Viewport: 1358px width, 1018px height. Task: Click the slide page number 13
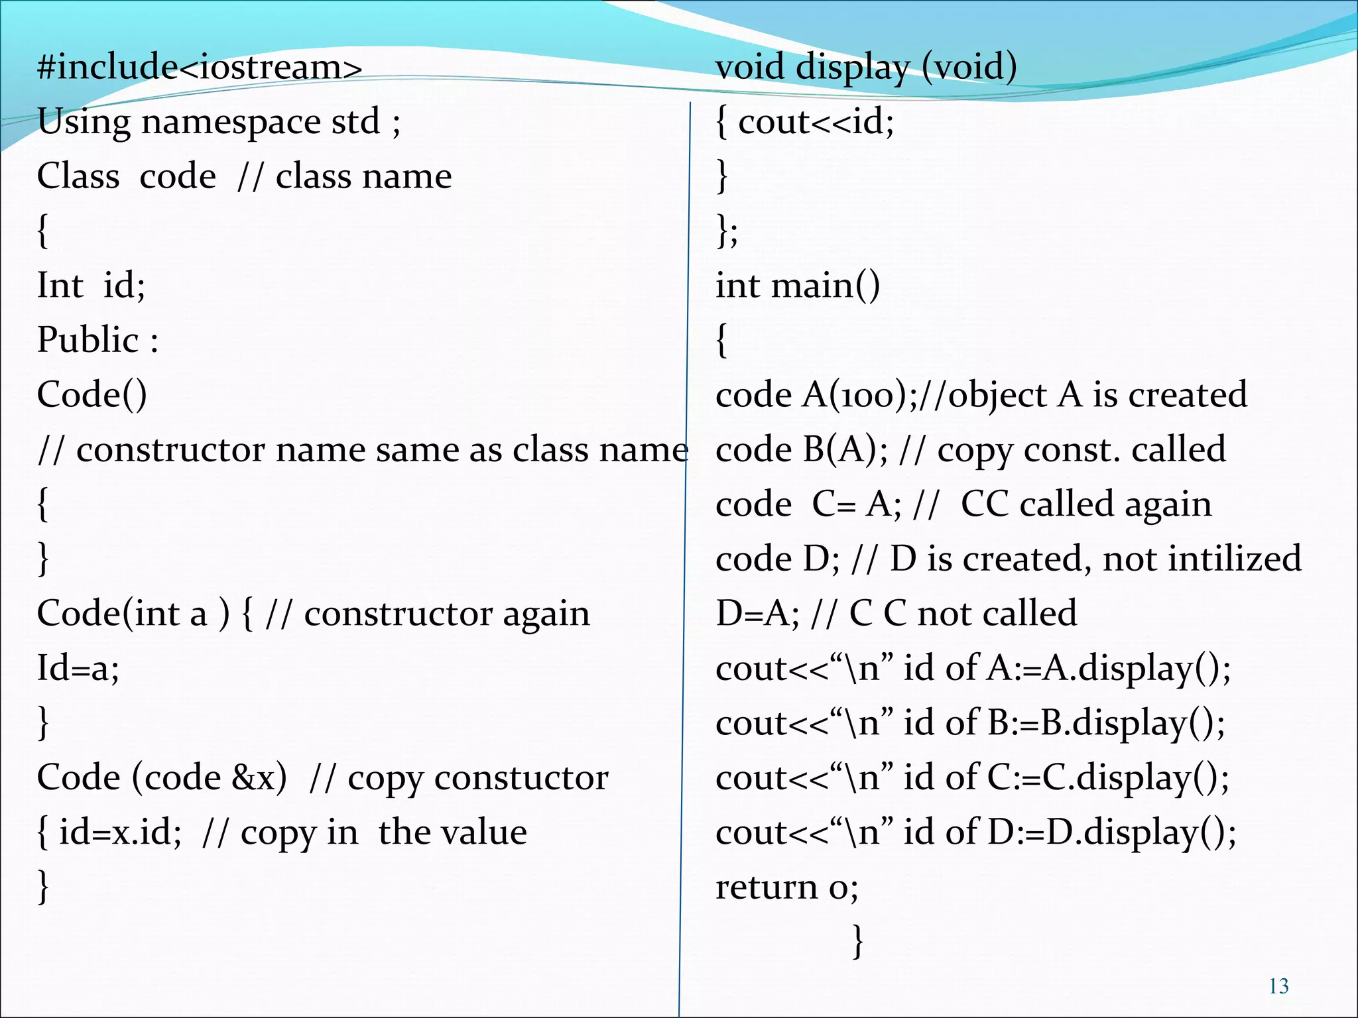click(1278, 986)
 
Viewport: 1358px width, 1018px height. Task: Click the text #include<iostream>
click(200, 67)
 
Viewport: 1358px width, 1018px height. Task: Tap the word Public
click(88, 340)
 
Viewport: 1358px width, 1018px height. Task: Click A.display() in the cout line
click(1137, 668)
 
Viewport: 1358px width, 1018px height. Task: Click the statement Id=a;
click(78, 668)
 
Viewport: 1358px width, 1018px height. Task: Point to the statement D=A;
click(757, 614)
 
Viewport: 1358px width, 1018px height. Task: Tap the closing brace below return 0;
click(857, 941)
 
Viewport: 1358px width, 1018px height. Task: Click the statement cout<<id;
click(816, 122)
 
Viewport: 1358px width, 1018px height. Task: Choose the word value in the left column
click(487, 832)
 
